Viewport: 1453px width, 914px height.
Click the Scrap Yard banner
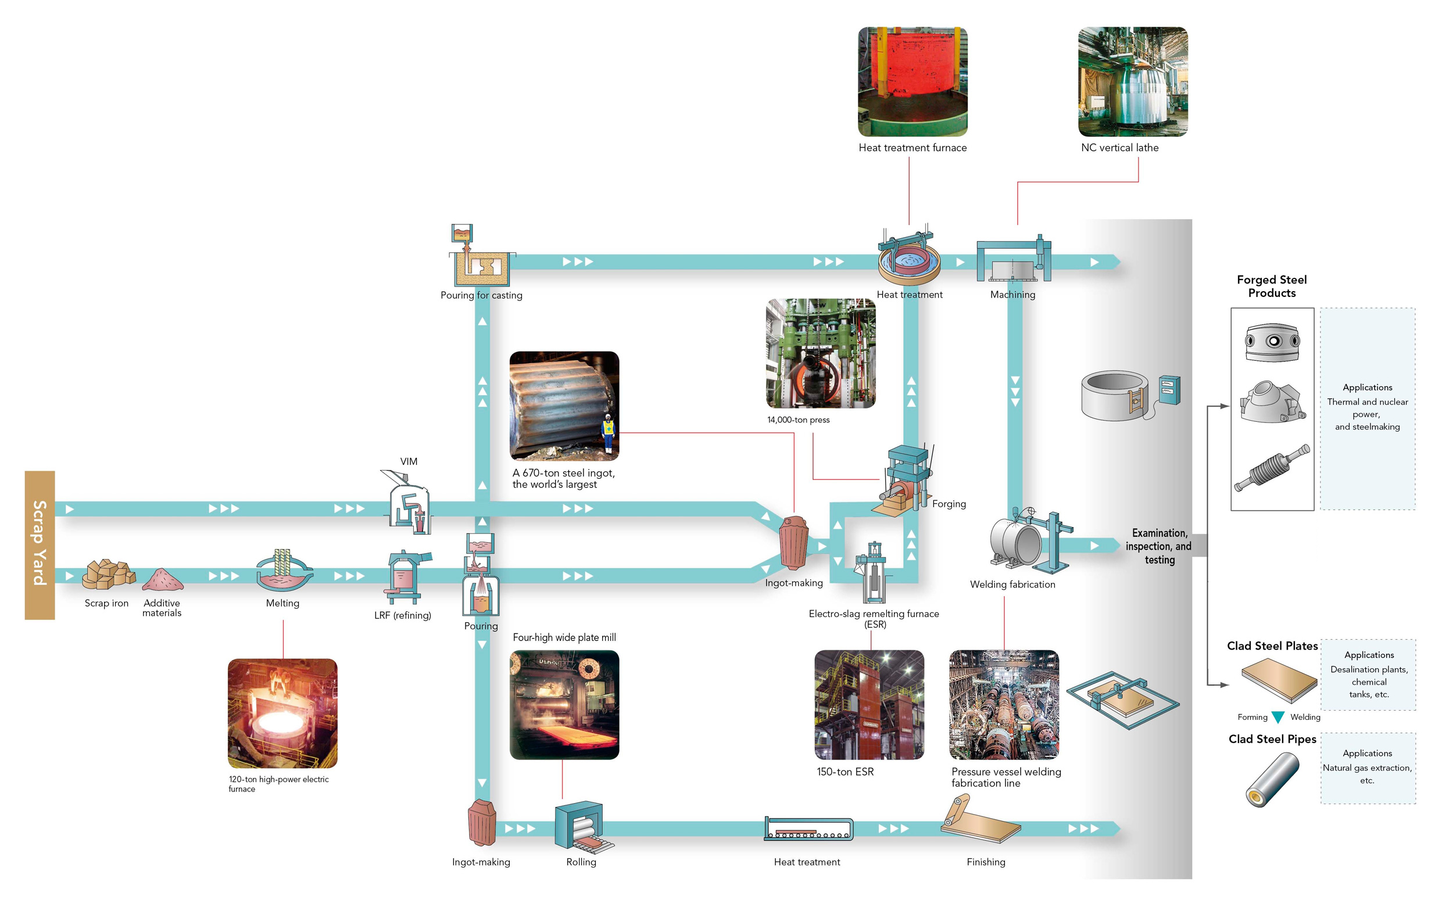(x=40, y=545)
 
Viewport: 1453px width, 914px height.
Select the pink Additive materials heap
(x=163, y=579)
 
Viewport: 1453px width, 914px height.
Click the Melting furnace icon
(x=284, y=570)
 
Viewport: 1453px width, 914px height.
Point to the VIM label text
(x=409, y=461)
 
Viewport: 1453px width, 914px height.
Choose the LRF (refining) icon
(x=406, y=578)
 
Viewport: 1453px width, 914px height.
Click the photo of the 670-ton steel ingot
(x=564, y=406)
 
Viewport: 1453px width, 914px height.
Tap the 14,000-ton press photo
(x=821, y=353)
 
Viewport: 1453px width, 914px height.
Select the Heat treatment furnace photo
(x=912, y=81)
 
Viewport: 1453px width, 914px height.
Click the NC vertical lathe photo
(x=1133, y=81)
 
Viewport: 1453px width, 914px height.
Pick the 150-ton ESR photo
(x=869, y=705)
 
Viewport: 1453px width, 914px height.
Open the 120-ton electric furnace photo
(x=282, y=713)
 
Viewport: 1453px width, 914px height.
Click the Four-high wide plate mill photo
(x=564, y=705)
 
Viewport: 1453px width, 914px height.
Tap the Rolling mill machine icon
(x=583, y=826)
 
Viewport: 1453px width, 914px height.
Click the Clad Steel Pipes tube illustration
(x=1272, y=779)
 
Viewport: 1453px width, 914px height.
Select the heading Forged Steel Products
(x=1272, y=286)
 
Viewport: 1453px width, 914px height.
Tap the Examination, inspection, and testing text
(x=1158, y=546)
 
